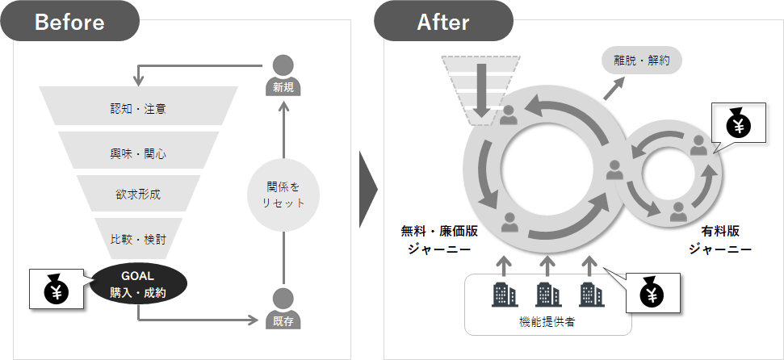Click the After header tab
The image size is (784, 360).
click(443, 22)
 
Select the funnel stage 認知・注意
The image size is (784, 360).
click(139, 107)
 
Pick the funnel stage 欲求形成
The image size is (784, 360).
click(139, 195)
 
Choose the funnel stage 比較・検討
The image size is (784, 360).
click(139, 239)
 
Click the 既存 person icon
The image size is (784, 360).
click(283, 309)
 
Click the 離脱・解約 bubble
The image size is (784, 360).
click(641, 59)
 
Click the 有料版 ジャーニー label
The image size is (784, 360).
click(721, 240)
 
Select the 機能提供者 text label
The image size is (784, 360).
click(547, 322)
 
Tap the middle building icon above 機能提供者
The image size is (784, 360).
click(547, 294)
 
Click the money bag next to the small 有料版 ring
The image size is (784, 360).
click(738, 124)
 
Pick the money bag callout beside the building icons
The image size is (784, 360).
click(651, 294)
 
